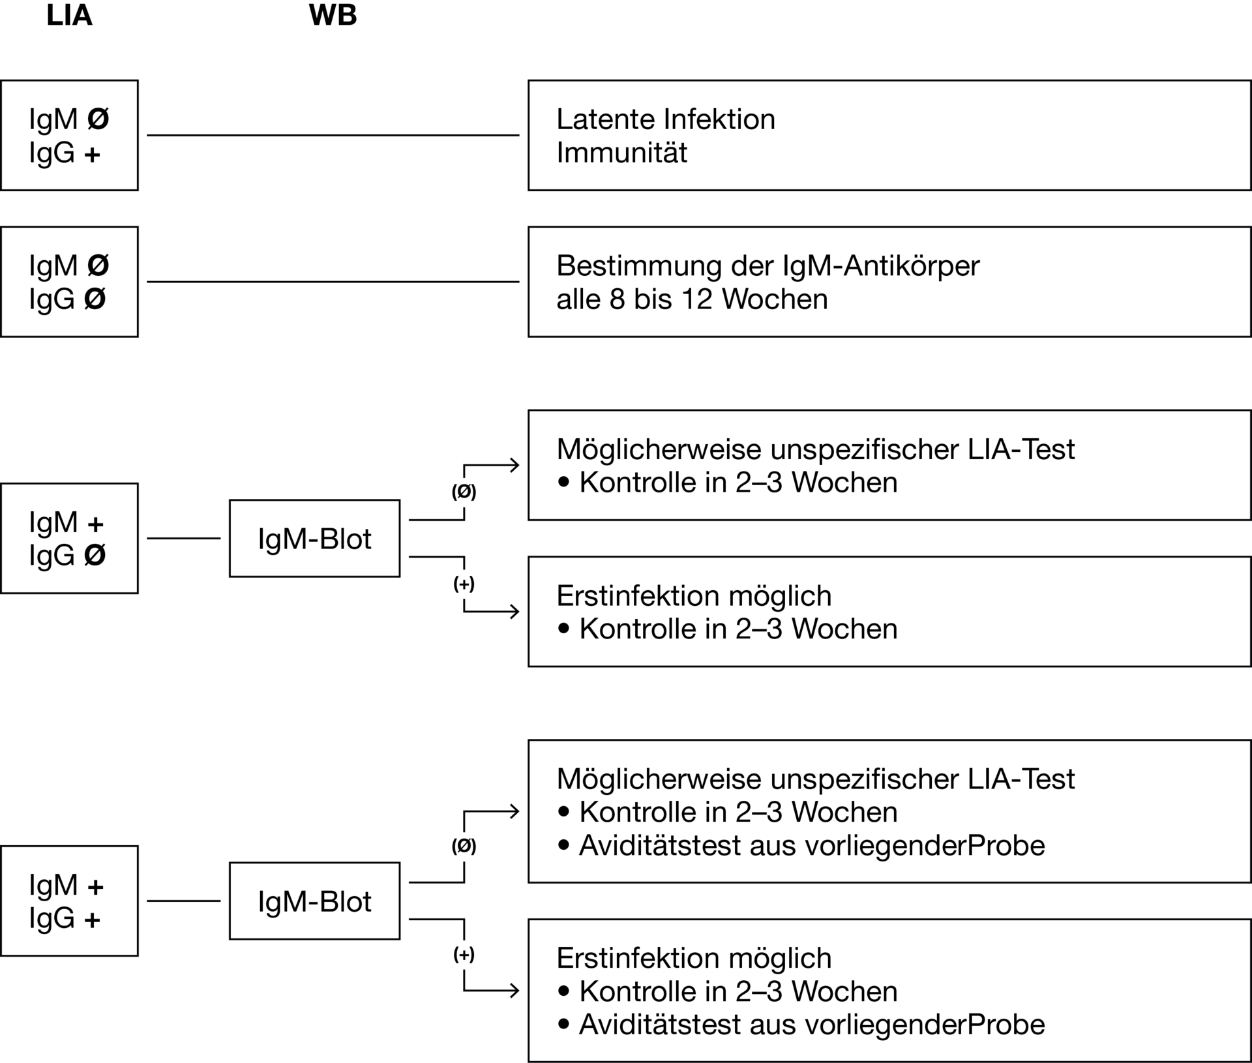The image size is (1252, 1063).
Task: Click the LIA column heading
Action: click(69, 16)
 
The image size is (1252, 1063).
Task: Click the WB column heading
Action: click(333, 16)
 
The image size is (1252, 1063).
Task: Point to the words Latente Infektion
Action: click(666, 119)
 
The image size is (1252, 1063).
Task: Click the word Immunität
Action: click(622, 153)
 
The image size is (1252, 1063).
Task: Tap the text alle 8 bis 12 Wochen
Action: click(692, 299)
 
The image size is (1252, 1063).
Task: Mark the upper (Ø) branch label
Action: click(464, 492)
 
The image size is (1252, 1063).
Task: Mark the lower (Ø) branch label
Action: click(464, 846)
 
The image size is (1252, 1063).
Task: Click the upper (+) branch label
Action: click(464, 584)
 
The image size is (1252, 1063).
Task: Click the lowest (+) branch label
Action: click(464, 955)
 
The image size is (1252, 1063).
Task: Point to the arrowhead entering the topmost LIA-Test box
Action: click(515, 465)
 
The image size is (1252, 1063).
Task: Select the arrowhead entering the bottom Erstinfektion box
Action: click(515, 991)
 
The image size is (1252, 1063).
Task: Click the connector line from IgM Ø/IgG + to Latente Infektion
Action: click(333, 136)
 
